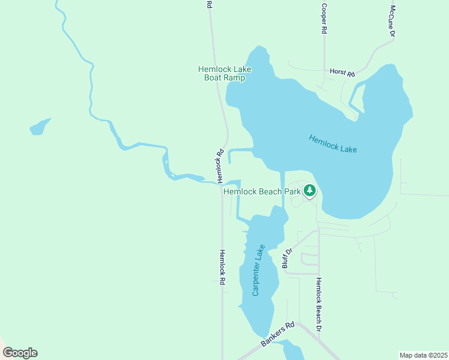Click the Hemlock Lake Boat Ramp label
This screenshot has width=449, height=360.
point(224,73)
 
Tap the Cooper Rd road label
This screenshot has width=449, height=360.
point(324,19)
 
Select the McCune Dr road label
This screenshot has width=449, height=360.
point(392,22)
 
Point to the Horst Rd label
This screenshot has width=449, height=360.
point(342,73)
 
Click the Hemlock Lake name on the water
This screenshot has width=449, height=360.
point(333,143)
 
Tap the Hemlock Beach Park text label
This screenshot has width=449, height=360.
point(262,191)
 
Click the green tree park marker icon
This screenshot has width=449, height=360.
point(310,191)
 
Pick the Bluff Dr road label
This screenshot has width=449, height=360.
point(287,258)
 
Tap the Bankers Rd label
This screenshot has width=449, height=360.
point(277,334)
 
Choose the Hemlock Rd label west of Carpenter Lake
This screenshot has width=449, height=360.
point(221,267)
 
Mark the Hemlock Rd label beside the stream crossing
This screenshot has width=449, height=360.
point(220,166)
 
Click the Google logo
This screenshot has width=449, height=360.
point(20,352)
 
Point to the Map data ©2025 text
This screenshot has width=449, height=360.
point(424,355)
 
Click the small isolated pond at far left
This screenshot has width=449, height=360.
point(39,127)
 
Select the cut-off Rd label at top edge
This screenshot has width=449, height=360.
point(209,4)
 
